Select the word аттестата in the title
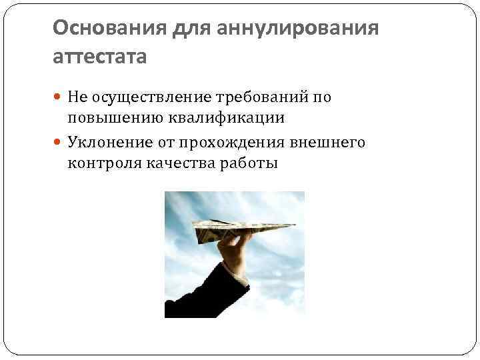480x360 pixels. point(99,57)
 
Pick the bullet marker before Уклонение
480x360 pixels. point(58,142)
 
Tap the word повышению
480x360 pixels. point(111,119)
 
